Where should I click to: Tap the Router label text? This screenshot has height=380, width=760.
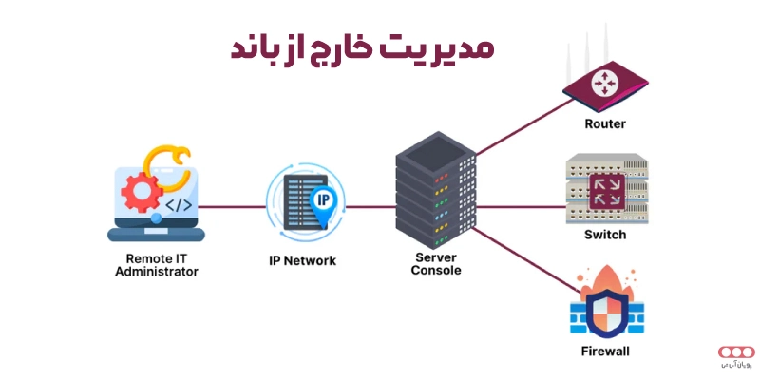(604, 124)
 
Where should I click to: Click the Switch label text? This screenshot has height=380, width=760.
(604, 234)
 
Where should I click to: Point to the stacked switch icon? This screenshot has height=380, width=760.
(604, 190)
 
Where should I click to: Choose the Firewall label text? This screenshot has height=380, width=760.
(604, 351)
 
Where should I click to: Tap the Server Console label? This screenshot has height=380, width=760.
(437, 263)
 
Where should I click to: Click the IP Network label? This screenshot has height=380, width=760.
(303, 260)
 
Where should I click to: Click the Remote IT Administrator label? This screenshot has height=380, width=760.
(157, 264)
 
